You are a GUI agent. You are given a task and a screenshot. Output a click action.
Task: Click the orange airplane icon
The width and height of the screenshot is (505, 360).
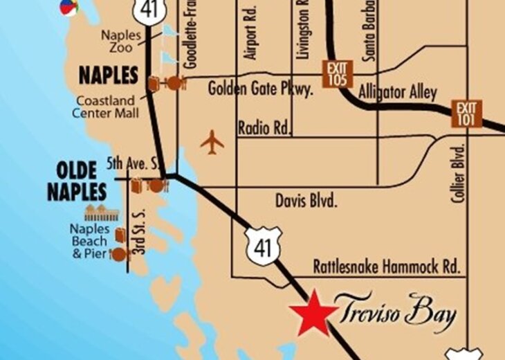212,143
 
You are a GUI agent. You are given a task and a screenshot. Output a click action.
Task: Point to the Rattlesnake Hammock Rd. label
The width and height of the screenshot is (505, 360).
387,266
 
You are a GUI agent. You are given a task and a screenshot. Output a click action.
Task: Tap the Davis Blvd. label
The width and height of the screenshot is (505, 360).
306,201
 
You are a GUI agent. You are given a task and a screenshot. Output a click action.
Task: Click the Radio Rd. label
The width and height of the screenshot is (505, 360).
264,128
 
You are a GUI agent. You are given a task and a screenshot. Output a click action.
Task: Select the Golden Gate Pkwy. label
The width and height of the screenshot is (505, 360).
261,89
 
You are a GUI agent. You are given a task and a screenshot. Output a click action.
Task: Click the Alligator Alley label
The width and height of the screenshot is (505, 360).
398,93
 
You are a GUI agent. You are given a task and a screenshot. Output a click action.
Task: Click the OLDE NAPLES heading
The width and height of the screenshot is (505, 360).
77,181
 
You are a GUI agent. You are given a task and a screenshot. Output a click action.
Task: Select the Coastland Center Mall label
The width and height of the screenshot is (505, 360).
107,107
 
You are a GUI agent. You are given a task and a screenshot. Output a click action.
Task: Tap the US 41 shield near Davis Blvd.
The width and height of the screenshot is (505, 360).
264,244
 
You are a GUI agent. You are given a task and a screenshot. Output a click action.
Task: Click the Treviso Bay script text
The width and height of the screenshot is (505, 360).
396,312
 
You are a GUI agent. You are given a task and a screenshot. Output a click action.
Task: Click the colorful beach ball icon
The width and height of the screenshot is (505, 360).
68,7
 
